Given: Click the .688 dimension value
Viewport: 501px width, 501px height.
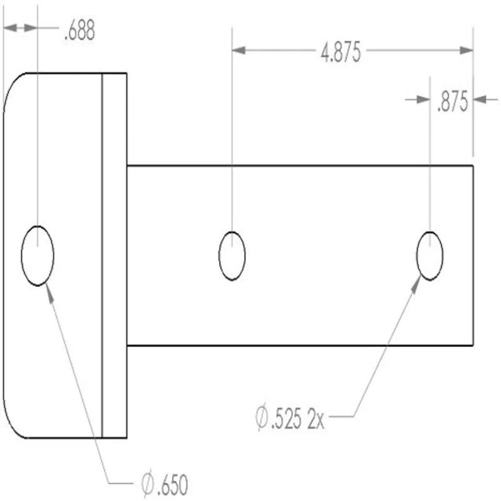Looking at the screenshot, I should coord(80,31).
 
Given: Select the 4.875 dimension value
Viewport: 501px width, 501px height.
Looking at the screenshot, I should coord(341,54).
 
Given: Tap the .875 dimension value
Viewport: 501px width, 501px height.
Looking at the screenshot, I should coord(452,103).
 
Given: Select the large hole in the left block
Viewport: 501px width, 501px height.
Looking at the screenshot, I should coord(38,256).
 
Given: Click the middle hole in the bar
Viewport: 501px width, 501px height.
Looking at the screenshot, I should coord(232,256).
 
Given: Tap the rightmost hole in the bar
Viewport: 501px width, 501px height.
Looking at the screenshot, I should coord(430,256).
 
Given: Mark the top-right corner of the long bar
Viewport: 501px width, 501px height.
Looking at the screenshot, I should coord(473,166).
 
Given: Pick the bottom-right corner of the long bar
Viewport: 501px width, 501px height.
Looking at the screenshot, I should coord(473,345).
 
